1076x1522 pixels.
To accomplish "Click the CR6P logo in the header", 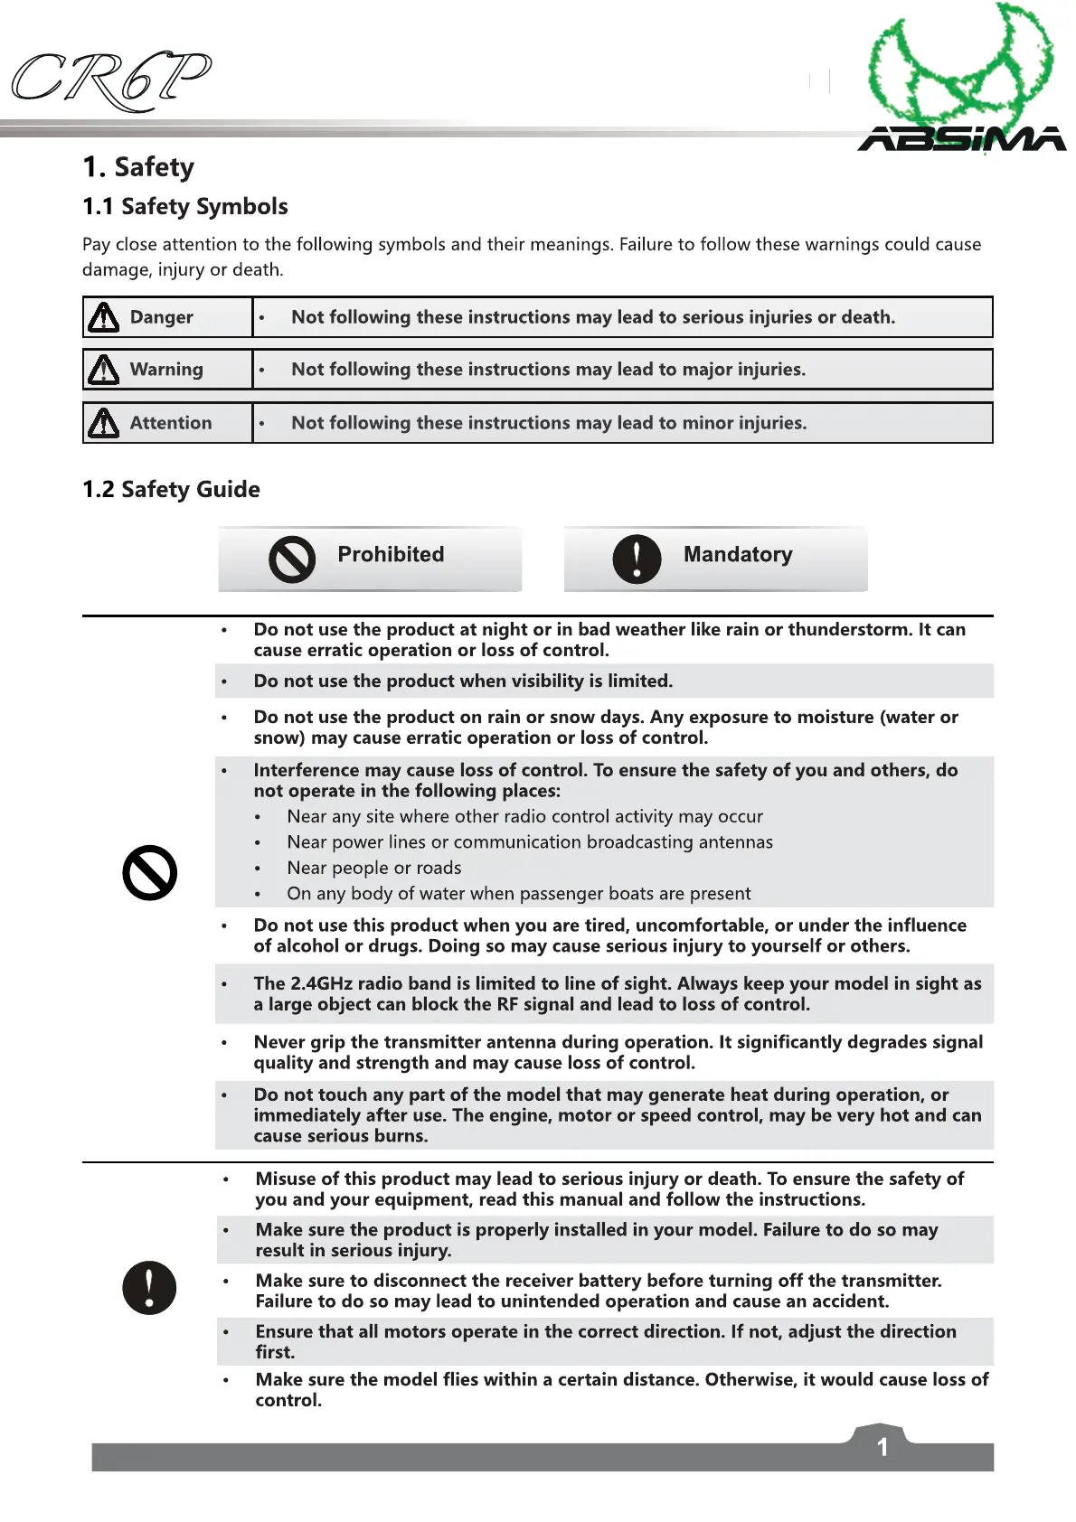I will coord(110,80).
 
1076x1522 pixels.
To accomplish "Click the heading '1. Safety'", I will coord(138,167).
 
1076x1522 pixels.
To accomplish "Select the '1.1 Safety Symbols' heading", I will coord(185,207).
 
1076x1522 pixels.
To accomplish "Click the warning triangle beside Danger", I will coord(104,317).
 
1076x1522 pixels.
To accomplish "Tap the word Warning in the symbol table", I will coord(166,369).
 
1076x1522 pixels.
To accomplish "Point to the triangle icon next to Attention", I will coord(104,423).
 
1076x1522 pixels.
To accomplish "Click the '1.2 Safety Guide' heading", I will coord(171,489).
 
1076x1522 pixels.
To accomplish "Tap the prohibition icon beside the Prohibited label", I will coord(292,559).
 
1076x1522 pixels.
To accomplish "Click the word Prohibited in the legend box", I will coord(391,554).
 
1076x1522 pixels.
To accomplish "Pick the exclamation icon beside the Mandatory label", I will coord(637,559).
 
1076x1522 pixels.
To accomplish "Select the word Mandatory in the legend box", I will coord(738,554).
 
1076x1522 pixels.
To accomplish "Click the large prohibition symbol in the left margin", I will coord(149,873).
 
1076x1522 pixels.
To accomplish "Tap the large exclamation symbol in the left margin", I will coord(149,1287).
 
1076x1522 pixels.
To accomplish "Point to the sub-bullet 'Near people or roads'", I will coord(373,868).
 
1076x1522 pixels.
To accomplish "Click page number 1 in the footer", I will coord(883,1447).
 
